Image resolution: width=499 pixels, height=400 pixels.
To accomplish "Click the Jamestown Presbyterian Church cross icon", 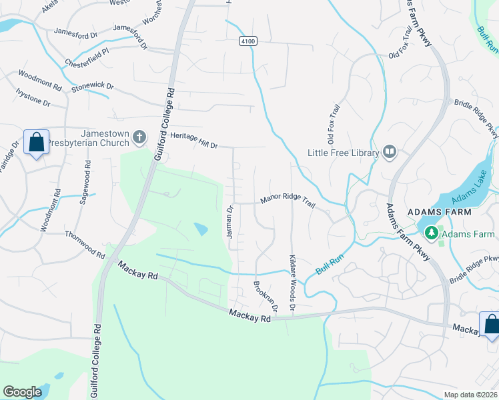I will (139, 137).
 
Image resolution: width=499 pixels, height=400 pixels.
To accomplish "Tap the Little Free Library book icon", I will (389, 153).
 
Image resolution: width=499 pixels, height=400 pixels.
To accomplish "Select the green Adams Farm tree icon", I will (432, 233).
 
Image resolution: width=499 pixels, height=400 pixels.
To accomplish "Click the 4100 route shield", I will (247, 41).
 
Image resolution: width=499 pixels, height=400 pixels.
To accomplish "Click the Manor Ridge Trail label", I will (288, 199).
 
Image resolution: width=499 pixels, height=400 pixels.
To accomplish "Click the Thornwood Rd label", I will (85, 245).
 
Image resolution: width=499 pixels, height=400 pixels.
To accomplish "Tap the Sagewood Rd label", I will (85, 181).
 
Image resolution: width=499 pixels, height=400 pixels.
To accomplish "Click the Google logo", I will (23, 391).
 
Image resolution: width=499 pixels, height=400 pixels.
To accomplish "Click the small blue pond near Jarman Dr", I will (201, 229).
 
